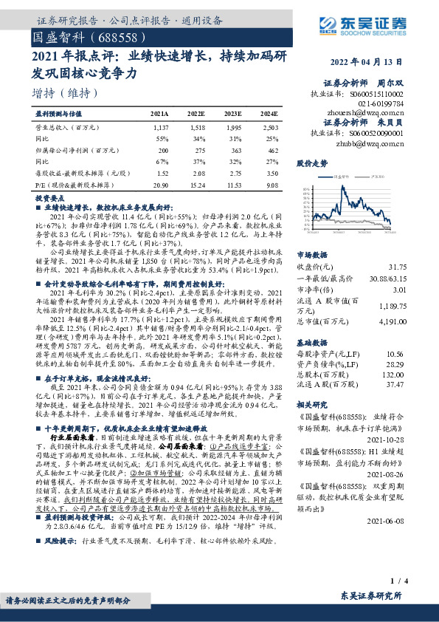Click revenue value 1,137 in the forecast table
click(162, 128)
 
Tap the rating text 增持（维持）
click(66, 93)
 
